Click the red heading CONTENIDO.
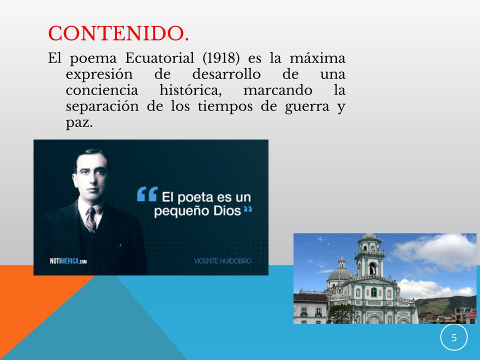[118, 33]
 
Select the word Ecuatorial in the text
[159, 58]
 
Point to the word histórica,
[190, 90]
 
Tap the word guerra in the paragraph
[307, 107]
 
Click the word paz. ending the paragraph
[79, 123]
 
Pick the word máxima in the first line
[317, 58]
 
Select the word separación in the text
[102, 107]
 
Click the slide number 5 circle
[454, 337]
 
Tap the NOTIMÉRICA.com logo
[68, 261]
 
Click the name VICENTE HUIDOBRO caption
[223, 261]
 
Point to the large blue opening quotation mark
[147, 194]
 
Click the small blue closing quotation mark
[247, 209]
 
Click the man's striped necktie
[91, 220]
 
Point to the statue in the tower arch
[372, 269]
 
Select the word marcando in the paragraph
[277, 90]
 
